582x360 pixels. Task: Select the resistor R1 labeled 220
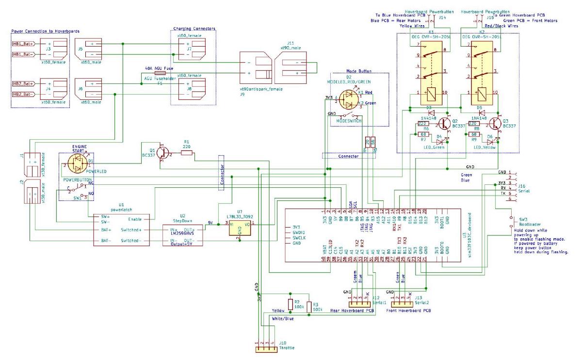186,153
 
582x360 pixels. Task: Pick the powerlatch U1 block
121,229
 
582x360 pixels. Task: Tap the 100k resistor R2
290,304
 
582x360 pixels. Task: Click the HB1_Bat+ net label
23,44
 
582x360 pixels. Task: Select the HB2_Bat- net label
23,94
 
